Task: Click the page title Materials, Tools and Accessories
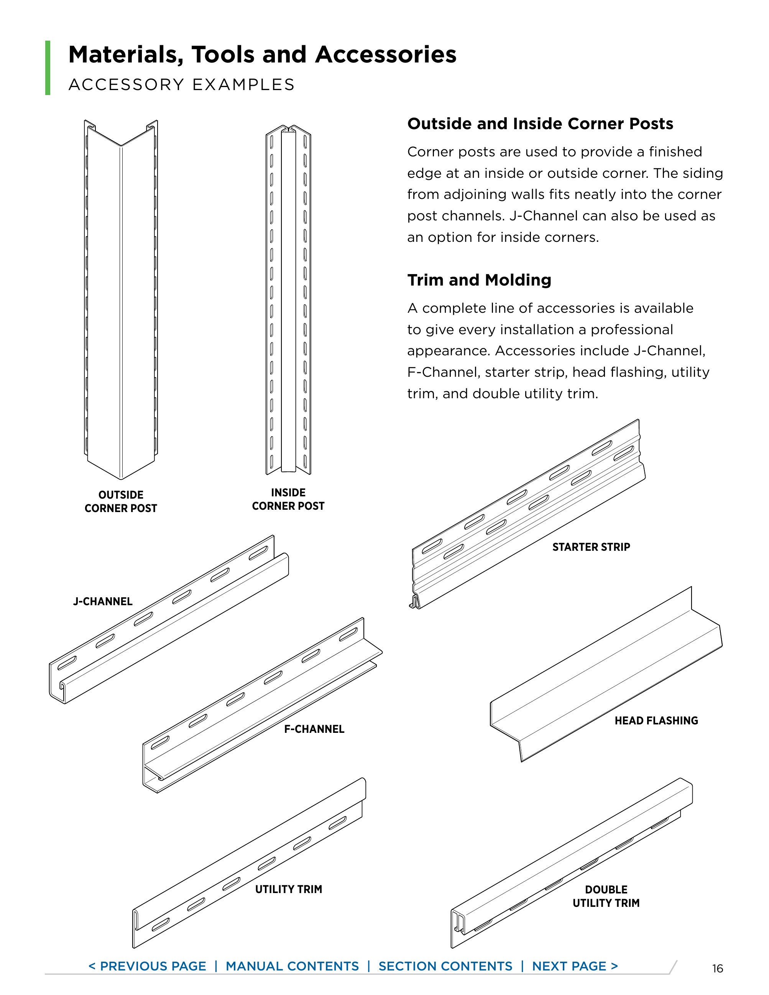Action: (262, 55)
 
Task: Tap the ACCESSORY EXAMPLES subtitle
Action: (181, 85)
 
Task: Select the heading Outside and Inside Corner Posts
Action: (540, 124)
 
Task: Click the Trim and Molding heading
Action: (479, 280)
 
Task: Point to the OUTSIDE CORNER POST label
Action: (121, 501)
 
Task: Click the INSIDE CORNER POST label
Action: (288, 499)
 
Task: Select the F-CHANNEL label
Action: (314, 729)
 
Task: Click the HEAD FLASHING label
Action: (656, 720)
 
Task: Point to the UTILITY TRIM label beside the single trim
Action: (288, 889)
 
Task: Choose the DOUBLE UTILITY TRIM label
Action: (606, 896)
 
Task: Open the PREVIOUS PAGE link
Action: (147, 966)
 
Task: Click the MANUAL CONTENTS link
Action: (292, 966)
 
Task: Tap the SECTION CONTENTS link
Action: (445, 966)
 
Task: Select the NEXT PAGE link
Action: (575, 966)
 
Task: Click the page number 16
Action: (718, 968)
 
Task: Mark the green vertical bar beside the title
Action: (48, 67)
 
